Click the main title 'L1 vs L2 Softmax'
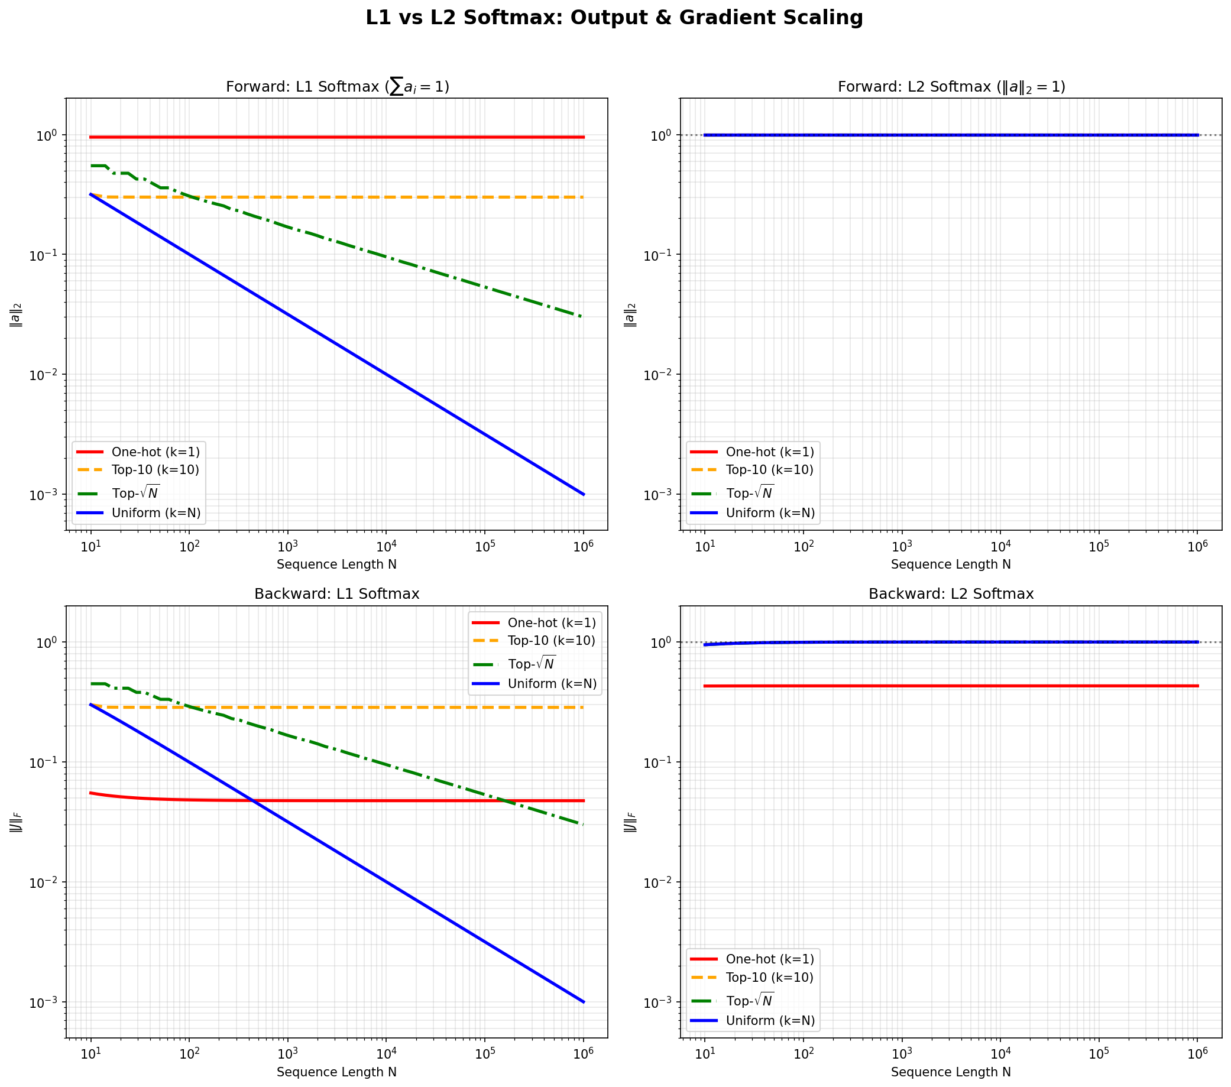pyautogui.click(x=614, y=18)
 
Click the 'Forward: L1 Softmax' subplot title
pyautogui.click(x=337, y=87)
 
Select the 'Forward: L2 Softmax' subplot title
pyautogui.click(x=951, y=87)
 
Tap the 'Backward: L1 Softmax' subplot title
pyautogui.click(x=336, y=594)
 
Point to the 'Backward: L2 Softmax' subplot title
pyautogui.click(x=951, y=594)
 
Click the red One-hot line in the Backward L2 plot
pyautogui.click(x=951, y=686)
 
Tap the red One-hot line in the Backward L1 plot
pyautogui.click(x=422, y=800)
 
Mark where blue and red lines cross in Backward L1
pyautogui.click(x=253, y=800)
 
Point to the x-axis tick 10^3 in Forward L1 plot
pyautogui.click(x=287, y=547)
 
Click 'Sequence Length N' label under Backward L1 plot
pyautogui.click(x=336, y=1072)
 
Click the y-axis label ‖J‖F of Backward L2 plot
pyautogui.click(x=630, y=822)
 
